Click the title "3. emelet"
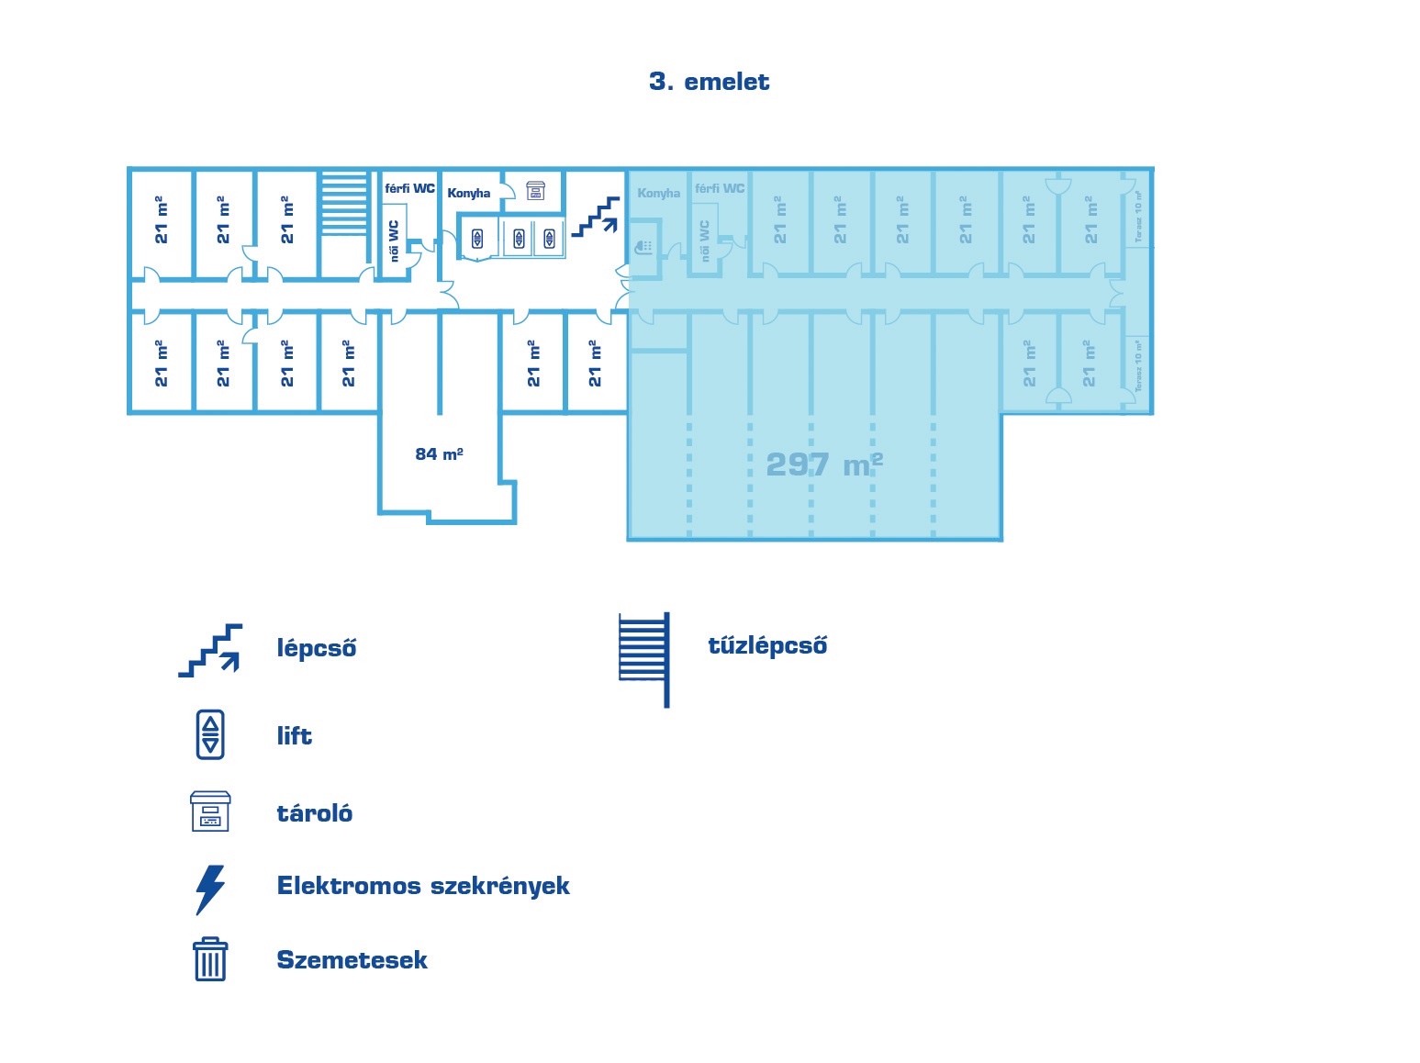[x=709, y=82]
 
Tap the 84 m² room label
[x=439, y=454]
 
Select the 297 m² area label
[x=823, y=464]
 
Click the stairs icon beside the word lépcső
[x=211, y=650]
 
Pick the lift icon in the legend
[x=210, y=734]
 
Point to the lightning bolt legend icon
[x=210, y=889]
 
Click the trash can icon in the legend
[x=210, y=959]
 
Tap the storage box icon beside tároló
[x=210, y=811]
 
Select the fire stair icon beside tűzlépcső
[x=645, y=658]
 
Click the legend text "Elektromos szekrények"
[x=423, y=886]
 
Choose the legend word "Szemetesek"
[x=352, y=960]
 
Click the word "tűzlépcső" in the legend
[x=767, y=645]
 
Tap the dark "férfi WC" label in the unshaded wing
[x=409, y=188]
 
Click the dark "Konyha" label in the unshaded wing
[x=469, y=193]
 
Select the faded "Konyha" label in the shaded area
[x=659, y=193]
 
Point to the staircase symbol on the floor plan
[x=595, y=218]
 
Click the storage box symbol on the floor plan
[x=535, y=190]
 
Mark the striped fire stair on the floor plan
[x=344, y=204]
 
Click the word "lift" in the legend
[x=294, y=736]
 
